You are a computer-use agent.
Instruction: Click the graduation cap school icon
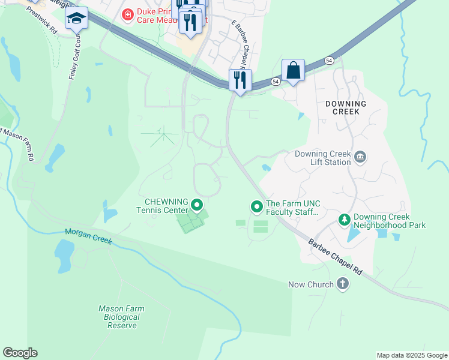click(x=76, y=19)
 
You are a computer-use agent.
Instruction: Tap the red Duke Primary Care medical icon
click(x=127, y=14)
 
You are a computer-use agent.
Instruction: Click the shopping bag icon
click(x=293, y=70)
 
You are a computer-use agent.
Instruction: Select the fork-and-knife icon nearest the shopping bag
click(x=240, y=80)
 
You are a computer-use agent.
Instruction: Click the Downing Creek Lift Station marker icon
click(x=360, y=157)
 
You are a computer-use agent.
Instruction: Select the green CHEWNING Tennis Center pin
click(x=197, y=206)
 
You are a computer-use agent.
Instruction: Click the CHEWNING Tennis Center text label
click(x=166, y=205)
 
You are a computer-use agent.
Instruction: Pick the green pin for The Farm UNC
click(x=257, y=206)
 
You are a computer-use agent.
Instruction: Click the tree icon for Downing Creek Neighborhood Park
click(x=345, y=220)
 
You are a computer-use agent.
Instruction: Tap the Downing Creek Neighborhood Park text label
click(x=390, y=221)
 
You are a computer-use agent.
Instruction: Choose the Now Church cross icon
click(x=343, y=284)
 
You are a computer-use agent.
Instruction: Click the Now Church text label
click(x=310, y=284)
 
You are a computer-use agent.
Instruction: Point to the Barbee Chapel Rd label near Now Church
click(x=336, y=257)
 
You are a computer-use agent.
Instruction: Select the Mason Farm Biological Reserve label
click(x=121, y=317)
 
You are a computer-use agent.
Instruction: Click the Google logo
click(x=20, y=353)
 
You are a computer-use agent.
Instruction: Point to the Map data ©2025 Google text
click(x=411, y=355)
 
